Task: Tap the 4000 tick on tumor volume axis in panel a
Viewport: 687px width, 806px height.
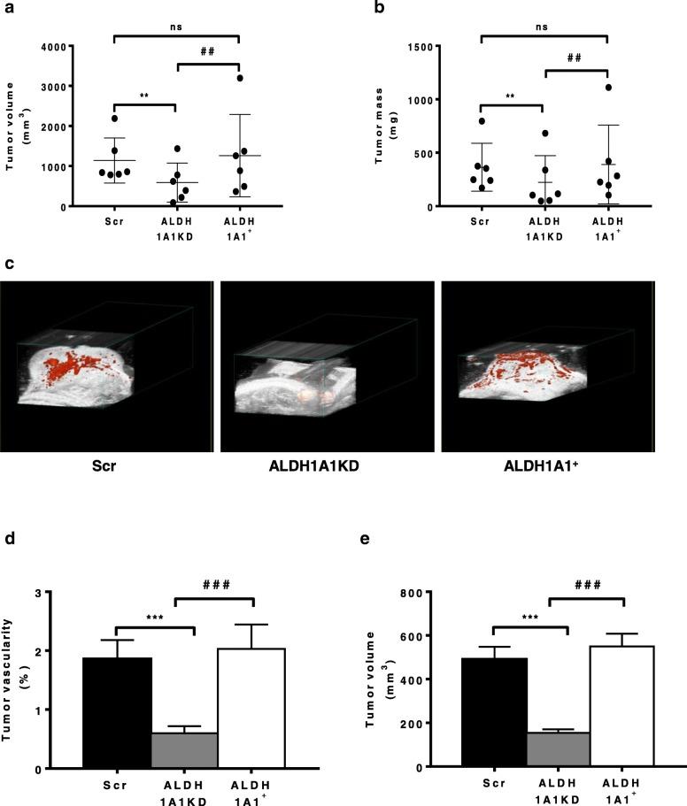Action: pyautogui.click(x=66, y=46)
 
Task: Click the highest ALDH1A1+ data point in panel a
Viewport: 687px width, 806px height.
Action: pyautogui.click(x=240, y=78)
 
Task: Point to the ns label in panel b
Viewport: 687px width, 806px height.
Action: pyautogui.click(x=543, y=27)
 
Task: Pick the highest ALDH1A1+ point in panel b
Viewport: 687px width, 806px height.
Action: pyautogui.click(x=608, y=87)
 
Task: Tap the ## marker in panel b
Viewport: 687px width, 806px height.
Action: pyautogui.click(x=575, y=58)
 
